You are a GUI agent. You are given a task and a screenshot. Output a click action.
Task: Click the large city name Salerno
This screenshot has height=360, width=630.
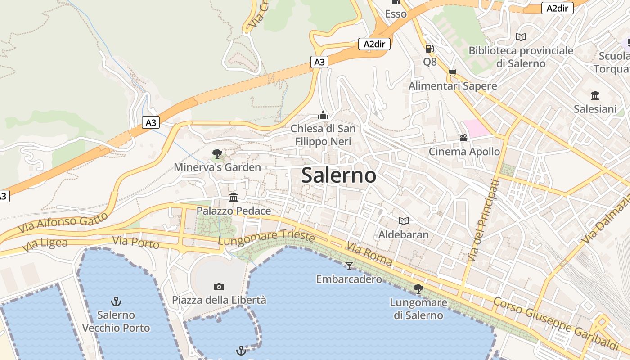[x=338, y=175]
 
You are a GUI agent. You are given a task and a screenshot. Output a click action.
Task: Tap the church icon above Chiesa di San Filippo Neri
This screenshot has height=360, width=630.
[x=323, y=116]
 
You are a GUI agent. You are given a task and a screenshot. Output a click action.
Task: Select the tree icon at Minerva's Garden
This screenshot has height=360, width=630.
[x=217, y=154]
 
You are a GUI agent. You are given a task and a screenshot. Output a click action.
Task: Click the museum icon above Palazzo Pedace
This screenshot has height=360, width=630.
[x=234, y=197]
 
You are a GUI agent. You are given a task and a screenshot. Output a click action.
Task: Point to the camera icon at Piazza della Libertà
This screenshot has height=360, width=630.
[x=219, y=287]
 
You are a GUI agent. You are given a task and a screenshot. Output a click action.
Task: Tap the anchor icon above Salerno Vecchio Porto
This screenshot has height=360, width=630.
[x=116, y=301]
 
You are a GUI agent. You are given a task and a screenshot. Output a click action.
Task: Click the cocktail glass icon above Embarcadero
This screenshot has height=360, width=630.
[x=349, y=265]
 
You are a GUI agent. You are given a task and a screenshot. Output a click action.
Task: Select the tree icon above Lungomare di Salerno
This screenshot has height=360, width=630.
[x=418, y=289]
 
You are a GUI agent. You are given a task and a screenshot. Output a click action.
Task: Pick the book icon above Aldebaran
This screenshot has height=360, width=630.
[x=404, y=221]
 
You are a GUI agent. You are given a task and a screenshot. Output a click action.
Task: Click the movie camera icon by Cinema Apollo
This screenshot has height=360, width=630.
[x=464, y=138]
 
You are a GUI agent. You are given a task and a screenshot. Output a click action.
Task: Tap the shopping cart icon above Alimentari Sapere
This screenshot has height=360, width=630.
[x=453, y=72]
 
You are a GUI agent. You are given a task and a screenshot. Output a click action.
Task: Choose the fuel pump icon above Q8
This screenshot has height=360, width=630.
[x=430, y=48]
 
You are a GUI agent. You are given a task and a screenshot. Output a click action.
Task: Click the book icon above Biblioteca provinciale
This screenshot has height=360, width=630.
[x=521, y=37]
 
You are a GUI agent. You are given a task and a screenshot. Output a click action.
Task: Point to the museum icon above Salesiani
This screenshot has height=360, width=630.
[x=595, y=95]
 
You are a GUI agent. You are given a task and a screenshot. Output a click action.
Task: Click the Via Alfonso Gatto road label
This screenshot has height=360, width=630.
[x=63, y=223]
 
